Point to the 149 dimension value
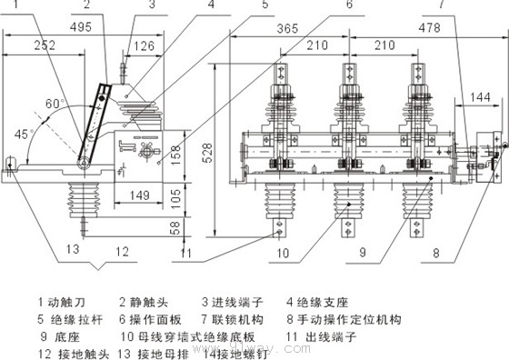click(x=139, y=194)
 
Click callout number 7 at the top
click(x=465, y=6)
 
